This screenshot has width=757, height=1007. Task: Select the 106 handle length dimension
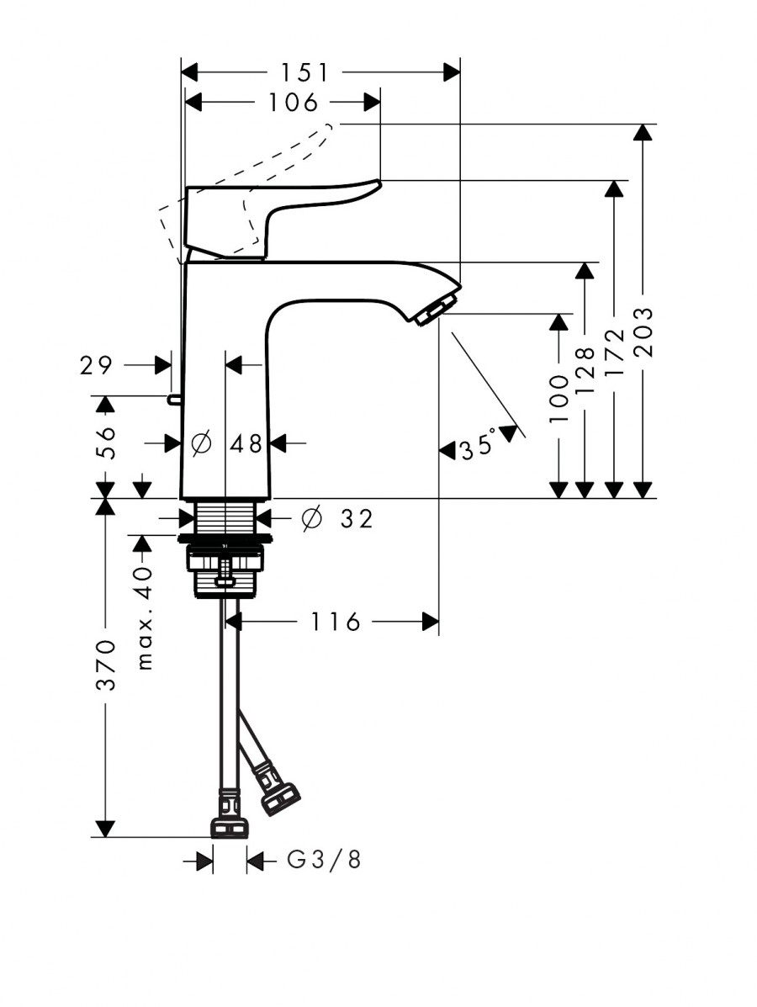pyautogui.click(x=294, y=102)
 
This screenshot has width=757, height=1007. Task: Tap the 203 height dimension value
pyautogui.click(x=643, y=332)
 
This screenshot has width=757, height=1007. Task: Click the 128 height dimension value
pyautogui.click(x=585, y=370)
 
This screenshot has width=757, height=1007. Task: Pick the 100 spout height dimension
pyautogui.click(x=559, y=399)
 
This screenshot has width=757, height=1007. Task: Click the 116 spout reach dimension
pyautogui.click(x=336, y=622)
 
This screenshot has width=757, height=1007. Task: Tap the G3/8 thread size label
pyautogui.click(x=324, y=860)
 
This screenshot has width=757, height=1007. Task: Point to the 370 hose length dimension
pyautogui.click(x=106, y=664)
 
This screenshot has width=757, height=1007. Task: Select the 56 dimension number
pyautogui.click(x=106, y=442)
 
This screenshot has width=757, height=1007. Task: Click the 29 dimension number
pyautogui.click(x=97, y=365)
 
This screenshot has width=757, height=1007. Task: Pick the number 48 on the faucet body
pyautogui.click(x=246, y=443)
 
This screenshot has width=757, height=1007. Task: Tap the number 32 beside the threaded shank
pyautogui.click(x=357, y=518)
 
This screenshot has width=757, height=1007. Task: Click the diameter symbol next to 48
pyautogui.click(x=201, y=443)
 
